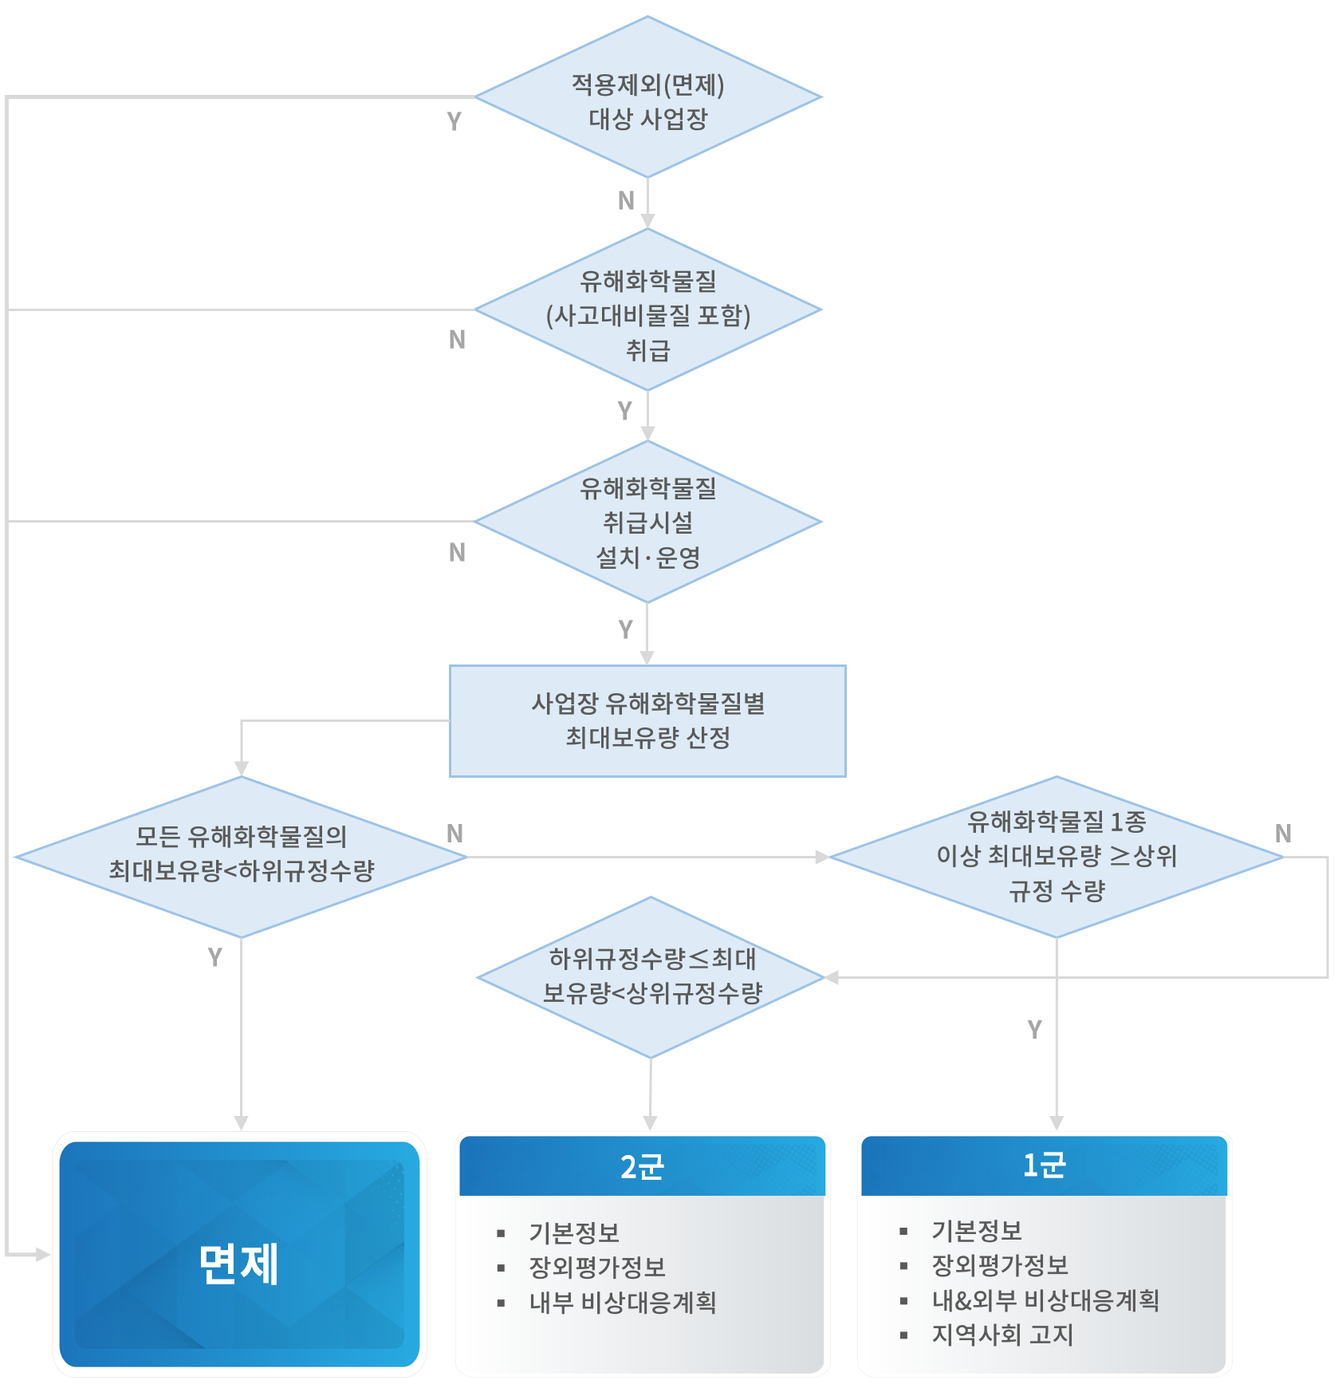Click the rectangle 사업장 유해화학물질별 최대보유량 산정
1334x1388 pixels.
[647, 720]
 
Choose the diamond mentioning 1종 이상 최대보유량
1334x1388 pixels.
[1056, 857]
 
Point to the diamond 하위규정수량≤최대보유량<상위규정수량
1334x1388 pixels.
[651, 977]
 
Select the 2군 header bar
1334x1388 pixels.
[642, 1166]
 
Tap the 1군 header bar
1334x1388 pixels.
[1044, 1165]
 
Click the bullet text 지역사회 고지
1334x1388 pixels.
[1002, 1335]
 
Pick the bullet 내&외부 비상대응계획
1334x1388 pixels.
[1045, 1300]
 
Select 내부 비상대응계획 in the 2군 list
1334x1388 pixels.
[623, 1303]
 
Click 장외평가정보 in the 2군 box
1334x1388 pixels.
[597, 1267]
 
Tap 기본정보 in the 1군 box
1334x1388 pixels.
[977, 1231]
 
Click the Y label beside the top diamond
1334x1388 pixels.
[454, 121]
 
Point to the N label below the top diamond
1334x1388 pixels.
[626, 201]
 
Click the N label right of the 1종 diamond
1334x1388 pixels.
[1283, 834]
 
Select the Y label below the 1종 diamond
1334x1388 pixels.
[1034, 1030]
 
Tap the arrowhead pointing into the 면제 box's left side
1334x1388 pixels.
[42, 1255]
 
